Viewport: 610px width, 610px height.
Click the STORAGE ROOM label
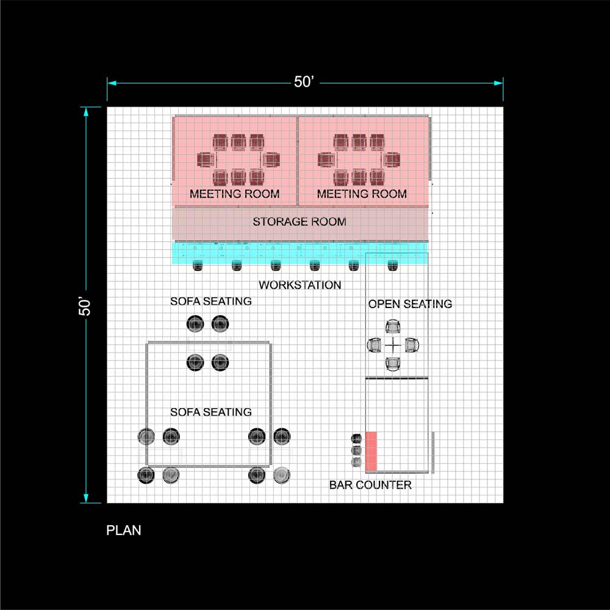coord(300,222)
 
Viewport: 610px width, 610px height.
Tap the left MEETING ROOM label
coord(234,194)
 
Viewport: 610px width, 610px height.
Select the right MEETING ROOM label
coord(362,194)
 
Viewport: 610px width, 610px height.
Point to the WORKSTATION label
coord(300,285)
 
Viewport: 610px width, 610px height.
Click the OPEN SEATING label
coord(410,304)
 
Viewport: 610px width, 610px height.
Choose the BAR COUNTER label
coord(370,485)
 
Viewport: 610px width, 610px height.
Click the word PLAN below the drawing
coord(124,530)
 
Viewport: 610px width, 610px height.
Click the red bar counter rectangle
coord(371,451)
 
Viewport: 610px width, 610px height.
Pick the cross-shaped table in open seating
coord(394,345)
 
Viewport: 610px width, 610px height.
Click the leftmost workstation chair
coord(198,265)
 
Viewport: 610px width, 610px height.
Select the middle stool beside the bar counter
coord(357,451)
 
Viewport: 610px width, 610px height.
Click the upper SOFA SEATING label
coord(210,301)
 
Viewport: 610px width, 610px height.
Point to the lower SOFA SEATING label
coord(210,412)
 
